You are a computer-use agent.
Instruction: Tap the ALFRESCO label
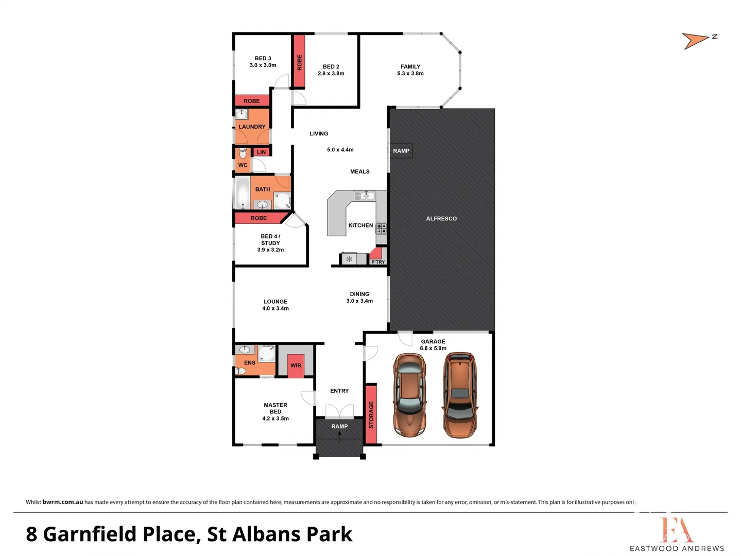(x=441, y=219)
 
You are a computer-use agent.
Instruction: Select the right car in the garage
(x=459, y=395)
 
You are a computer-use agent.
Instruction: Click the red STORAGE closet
(x=371, y=414)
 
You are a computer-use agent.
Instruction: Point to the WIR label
(x=296, y=366)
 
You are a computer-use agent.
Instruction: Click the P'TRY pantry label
(x=378, y=262)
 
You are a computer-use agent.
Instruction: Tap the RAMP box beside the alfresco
(x=401, y=151)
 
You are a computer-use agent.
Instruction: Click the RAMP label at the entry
(x=339, y=426)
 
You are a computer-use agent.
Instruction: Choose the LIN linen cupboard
(x=262, y=152)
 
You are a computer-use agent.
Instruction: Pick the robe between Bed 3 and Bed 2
(x=299, y=62)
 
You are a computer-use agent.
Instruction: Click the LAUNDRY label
(x=252, y=127)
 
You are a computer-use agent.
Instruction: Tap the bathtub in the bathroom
(x=242, y=193)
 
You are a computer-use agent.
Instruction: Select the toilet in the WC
(x=243, y=153)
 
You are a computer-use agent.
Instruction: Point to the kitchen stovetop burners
(x=381, y=229)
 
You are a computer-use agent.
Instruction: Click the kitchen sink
(x=365, y=196)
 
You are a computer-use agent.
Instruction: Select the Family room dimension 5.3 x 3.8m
(x=410, y=74)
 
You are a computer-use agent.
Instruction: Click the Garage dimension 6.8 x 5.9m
(x=433, y=349)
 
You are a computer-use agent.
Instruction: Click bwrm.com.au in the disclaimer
(x=62, y=502)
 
